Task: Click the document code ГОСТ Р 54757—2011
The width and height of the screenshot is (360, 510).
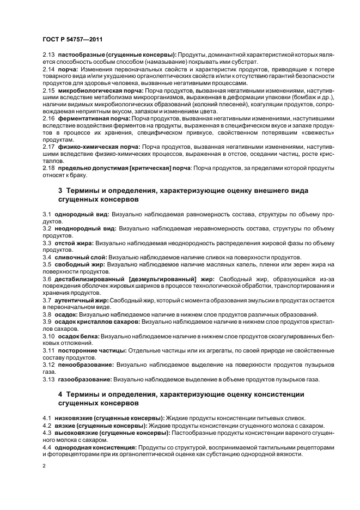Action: tap(72, 39)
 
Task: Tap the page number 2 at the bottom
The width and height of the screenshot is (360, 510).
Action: tap(45, 466)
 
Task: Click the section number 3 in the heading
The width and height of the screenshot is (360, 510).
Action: tap(60, 190)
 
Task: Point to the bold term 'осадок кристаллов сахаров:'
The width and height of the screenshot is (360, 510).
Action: tap(97, 321)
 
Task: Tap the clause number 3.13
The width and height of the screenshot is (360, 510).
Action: tap(48, 378)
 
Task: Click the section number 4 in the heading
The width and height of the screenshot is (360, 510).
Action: tap(60, 394)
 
